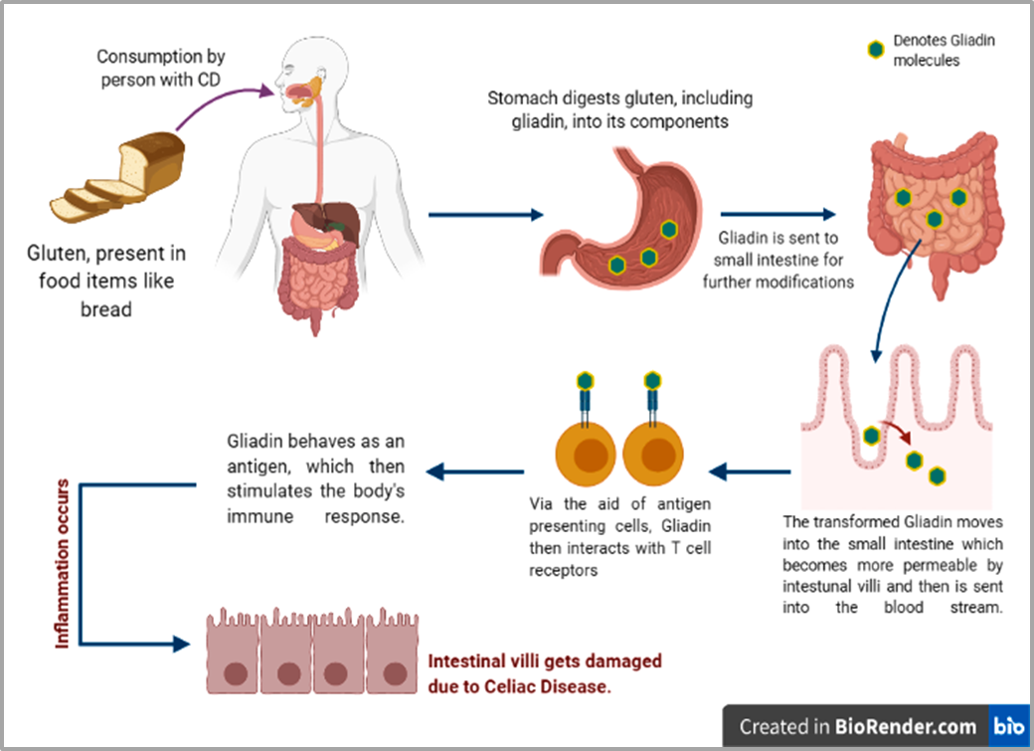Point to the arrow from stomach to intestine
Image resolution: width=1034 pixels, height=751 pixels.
click(776, 214)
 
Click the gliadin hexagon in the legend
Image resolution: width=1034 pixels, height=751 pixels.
click(875, 49)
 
